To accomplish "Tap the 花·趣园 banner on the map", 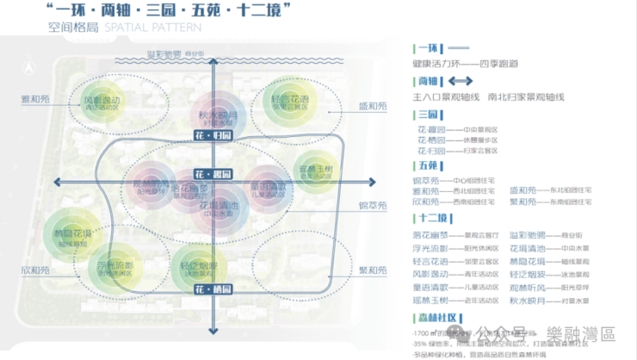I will pyautogui.click(x=213, y=172).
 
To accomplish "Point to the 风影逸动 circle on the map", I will pyautogui.click(x=102, y=103).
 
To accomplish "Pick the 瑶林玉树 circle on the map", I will pyautogui.click(x=314, y=171).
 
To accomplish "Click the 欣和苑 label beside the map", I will pyautogui.click(x=35, y=270).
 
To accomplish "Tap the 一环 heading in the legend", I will pyautogui.click(x=428, y=48).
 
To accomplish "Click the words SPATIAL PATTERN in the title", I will pyautogui.click(x=153, y=28).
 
